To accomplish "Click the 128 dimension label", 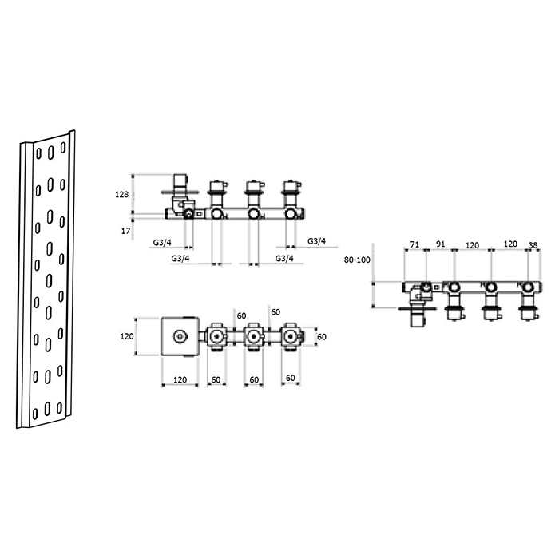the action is tap(121, 195).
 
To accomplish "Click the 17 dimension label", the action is tap(125, 231).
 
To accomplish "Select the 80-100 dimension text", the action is tap(357, 260).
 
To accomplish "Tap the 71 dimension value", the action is tap(414, 244).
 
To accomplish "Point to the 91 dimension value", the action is tap(441, 244).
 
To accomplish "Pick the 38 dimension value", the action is tap(533, 245).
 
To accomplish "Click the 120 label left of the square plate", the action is tap(127, 336).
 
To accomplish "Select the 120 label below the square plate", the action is tap(180, 379).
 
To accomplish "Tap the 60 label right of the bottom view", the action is tap(322, 336).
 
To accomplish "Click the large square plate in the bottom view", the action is tap(180, 336).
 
